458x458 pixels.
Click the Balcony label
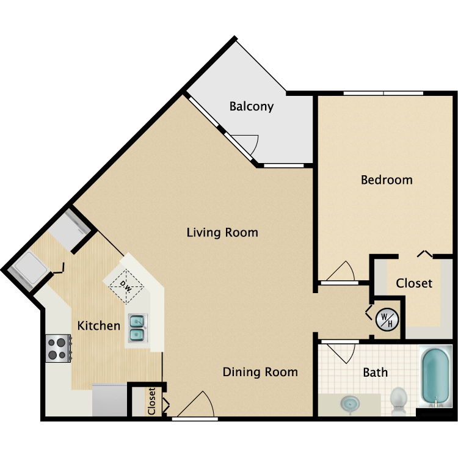(x=251, y=106)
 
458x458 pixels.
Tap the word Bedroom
(x=387, y=180)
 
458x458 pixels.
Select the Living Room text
(x=222, y=233)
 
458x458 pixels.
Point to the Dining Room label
(x=260, y=372)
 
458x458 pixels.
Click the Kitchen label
(x=98, y=325)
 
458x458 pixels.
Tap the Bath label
(x=375, y=372)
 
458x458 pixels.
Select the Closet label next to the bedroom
(x=414, y=283)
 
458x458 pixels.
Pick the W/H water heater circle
(x=387, y=319)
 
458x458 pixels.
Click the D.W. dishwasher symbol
(x=127, y=286)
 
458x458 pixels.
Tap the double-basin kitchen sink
(x=137, y=327)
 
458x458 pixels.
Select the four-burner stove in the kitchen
(x=57, y=348)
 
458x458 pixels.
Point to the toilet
(x=399, y=399)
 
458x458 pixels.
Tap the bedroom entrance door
(x=340, y=273)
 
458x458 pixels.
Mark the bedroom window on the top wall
(x=383, y=93)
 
